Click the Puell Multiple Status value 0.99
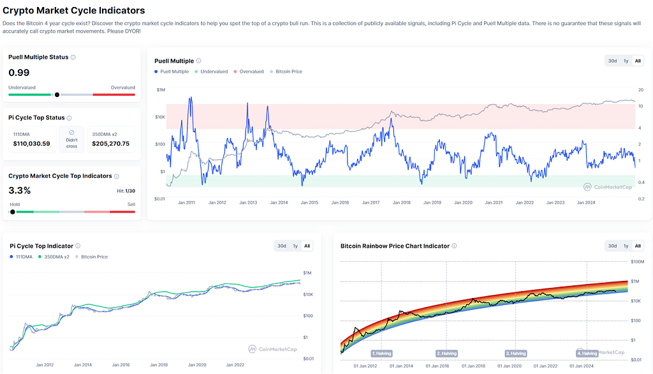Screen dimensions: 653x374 coord(18,73)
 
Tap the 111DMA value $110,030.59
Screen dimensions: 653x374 coord(32,144)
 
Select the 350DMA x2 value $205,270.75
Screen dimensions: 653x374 coord(111,144)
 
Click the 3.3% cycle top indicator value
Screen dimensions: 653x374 coord(20,191)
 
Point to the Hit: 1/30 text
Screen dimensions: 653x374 coord(126,191)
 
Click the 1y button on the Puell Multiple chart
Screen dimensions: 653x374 coord(626,61)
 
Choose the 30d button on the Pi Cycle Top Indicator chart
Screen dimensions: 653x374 coord(282,246)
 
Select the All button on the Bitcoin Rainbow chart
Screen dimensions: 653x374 coord(638,246)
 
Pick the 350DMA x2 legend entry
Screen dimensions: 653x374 coord(54,257)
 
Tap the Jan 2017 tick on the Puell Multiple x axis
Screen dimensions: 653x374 coord(371,202)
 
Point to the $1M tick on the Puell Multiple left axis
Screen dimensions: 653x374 coord(161,89)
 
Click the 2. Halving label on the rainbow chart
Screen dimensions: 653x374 coord(446,353)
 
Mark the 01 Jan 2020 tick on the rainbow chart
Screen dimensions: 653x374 coord(510,366)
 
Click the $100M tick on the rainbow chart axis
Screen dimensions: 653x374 coord(638,262)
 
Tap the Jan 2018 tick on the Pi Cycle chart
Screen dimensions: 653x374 coord(159,365)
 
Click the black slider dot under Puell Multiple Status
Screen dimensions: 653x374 coord(57,94)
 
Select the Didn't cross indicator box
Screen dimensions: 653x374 coord(71,139)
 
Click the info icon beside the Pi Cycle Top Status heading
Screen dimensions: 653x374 coord(69,118)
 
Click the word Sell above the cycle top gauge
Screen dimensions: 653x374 coord(131,204)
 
